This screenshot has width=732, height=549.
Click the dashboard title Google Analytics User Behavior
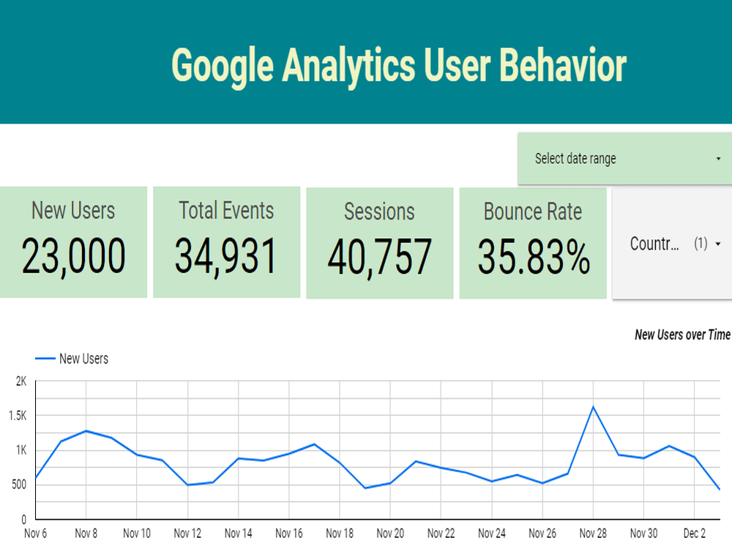coord(399,66)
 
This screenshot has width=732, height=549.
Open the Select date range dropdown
coord(626,159)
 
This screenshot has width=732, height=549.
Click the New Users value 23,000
coord(73,256)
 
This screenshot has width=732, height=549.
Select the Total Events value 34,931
coord(226,256)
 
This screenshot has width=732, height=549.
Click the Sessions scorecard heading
coord(379,212)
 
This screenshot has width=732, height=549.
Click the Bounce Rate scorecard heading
coord(533,212)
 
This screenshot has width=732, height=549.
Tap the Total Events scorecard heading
coord(226,211)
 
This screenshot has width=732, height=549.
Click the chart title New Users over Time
coord(682,335)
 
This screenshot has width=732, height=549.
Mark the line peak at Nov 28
coord(593,406)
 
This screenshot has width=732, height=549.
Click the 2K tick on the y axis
coord(20,381)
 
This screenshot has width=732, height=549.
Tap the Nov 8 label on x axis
coord(86,534)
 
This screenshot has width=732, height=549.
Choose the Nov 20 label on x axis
coord(389,534)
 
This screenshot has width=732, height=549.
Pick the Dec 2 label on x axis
coord(695,534)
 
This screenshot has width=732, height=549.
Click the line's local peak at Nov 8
coord(86,430)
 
